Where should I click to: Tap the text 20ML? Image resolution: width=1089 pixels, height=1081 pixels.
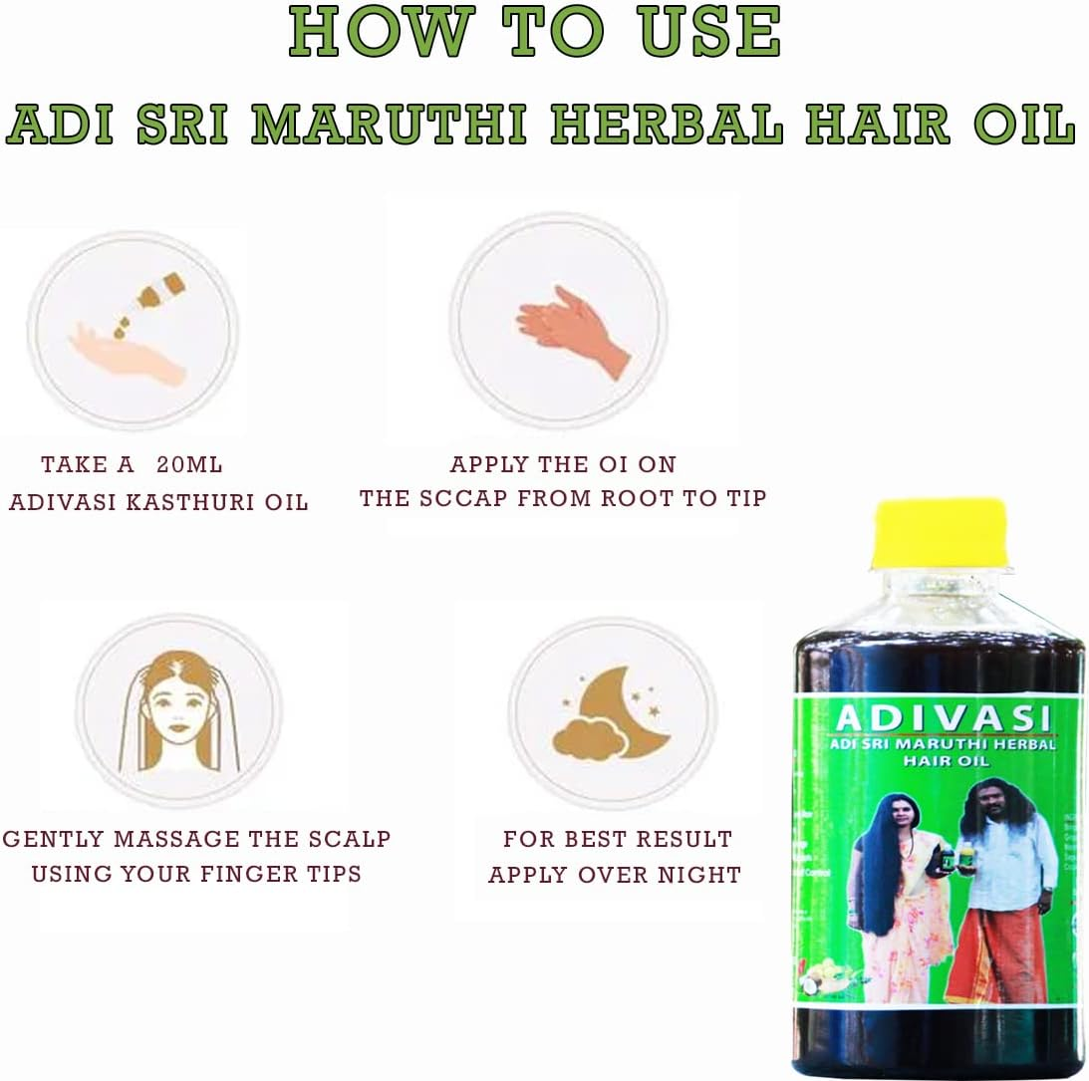(190, 465)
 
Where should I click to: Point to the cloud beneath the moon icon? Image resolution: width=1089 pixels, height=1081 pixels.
(588, 739)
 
